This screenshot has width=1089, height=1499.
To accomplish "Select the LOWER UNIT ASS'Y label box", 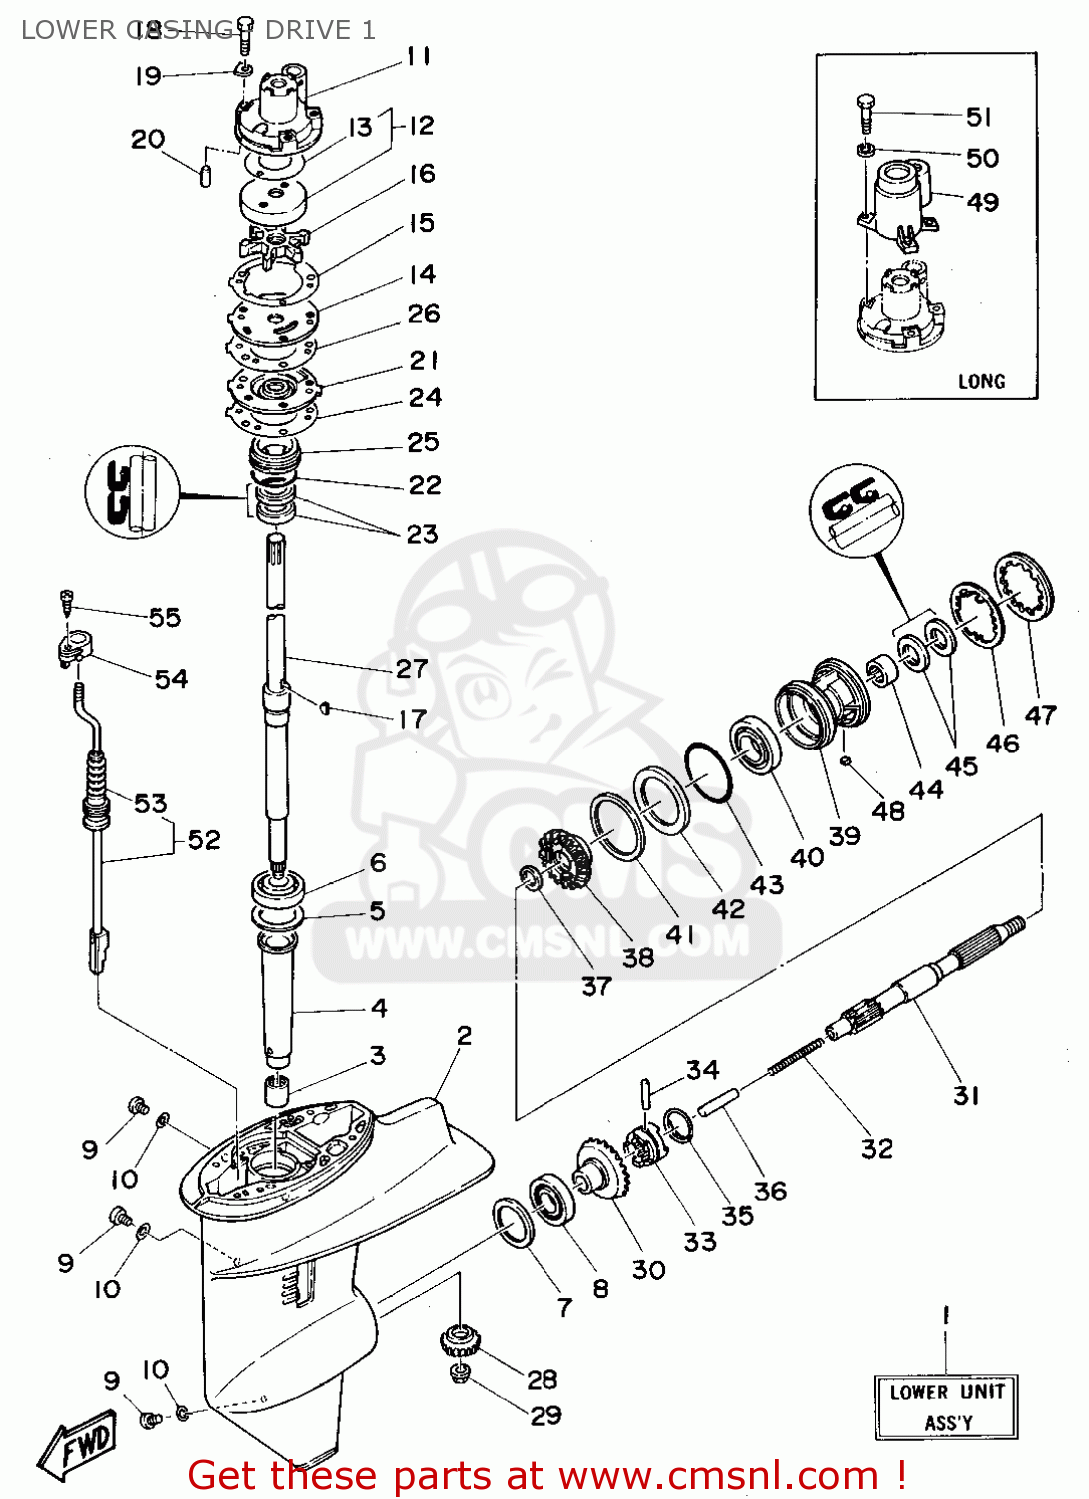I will point(947,1407).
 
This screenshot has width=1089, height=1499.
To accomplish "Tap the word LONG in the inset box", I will point(981,381).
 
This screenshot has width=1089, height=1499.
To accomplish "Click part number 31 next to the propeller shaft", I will point(966,1096).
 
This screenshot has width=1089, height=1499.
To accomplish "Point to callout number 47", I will point(1040,715).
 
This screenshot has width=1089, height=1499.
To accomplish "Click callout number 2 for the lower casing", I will point(464,1036).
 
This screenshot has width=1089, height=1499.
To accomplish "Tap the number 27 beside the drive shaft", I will point(412,668).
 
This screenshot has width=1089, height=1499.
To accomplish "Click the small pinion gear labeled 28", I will point(459,1339).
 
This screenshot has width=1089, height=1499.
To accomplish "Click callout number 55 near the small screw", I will point(165,617).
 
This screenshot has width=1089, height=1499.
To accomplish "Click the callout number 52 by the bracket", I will point(204,839).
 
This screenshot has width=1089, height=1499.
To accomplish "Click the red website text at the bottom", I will point(546,1475).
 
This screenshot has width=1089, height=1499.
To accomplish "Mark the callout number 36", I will point(770,1191).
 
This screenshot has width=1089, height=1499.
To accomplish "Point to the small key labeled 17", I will point(325,708).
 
